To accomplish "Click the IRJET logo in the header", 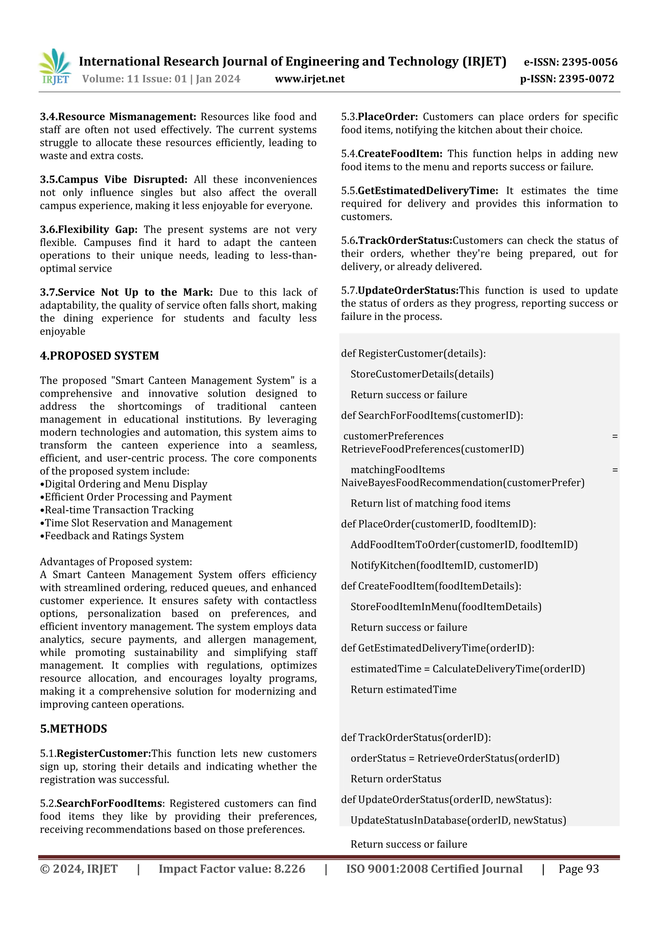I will coord(55,67).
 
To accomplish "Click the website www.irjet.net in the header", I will coord(309,79).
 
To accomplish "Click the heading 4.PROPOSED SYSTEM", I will coord(99,356).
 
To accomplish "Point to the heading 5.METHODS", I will coord(73,729).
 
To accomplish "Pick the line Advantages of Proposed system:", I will coord(116,562).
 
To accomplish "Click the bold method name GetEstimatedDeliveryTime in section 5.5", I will coord(428,191).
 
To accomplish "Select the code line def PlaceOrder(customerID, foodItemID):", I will coord(438,524).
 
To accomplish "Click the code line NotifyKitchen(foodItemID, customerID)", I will coord(444,565).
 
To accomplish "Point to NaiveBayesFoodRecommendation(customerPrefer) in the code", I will coord(463,483).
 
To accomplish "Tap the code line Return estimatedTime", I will coord(404,690).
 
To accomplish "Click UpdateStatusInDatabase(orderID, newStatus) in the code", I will coord(458,820).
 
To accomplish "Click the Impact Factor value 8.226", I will coord(289,869).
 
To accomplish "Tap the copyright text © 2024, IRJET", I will coord(79,869).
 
